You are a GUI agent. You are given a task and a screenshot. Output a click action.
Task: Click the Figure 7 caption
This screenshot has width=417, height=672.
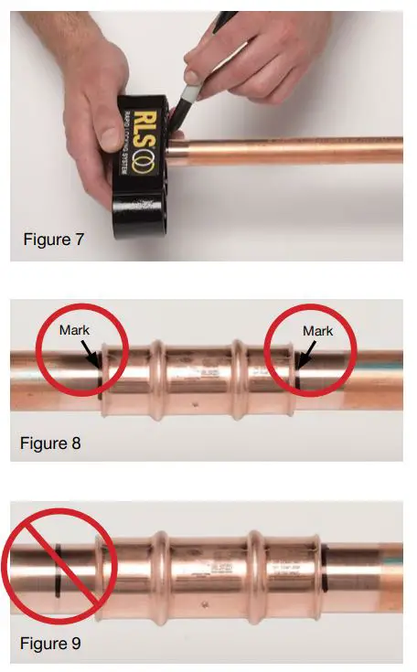click(x=54, y=240)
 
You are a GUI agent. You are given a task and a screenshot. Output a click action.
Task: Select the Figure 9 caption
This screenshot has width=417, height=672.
click(x=50, y=644)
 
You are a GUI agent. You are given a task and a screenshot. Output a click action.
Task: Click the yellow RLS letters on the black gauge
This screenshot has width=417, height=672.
click(x=134, y=121)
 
